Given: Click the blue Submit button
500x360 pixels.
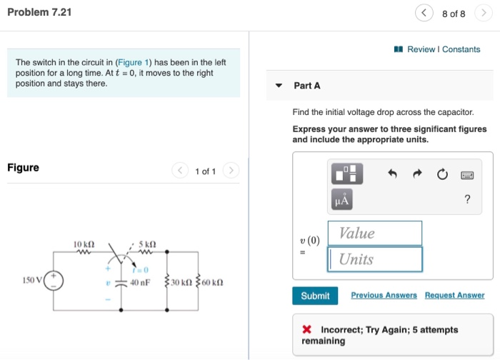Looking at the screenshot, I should [x=315, y=296].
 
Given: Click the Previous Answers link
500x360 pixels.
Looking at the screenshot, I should [x=384, y=295].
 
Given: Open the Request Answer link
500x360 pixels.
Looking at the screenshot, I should [x=454, y=295].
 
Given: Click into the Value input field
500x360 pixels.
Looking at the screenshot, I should [x=375, y=234].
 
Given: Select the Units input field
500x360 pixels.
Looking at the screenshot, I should [x=375, y=259].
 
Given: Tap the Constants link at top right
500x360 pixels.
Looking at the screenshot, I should [x=461, y=49].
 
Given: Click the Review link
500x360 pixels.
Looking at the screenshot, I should [x=421, y=49].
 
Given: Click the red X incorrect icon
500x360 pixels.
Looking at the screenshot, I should [x=306, y=330].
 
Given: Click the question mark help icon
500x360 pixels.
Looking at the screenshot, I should [x=467, y=200].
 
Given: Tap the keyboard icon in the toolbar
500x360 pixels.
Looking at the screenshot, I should [x=468, y=174].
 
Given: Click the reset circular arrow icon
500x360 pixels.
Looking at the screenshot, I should [x=442, y=174].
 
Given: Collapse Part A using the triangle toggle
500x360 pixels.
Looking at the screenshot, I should [x=279, y=86].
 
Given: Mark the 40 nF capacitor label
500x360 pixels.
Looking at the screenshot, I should [x=140, y=282].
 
